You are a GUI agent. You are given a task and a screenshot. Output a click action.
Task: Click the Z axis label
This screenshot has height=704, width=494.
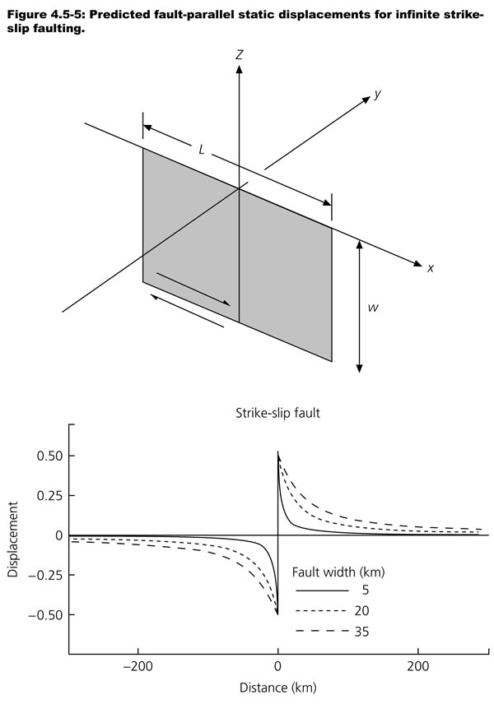click(239, 55)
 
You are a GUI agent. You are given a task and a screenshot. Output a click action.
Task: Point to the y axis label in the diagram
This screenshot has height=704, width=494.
click(377, 94)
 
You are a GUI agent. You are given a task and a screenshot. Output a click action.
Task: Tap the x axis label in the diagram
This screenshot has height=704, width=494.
click(430, 268)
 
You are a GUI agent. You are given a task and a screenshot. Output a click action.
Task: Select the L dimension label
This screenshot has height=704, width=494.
click(202, 150)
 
